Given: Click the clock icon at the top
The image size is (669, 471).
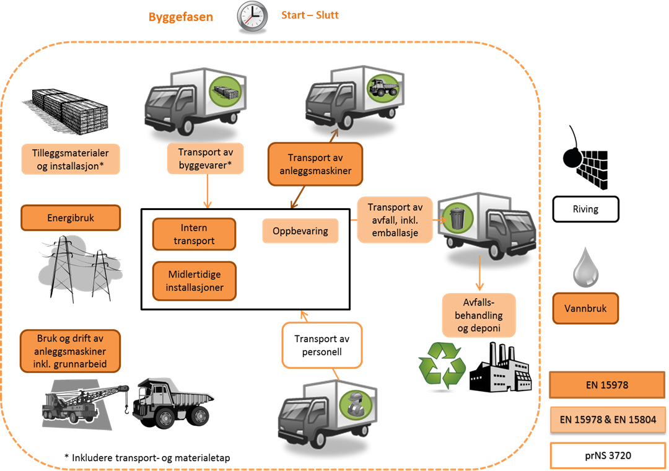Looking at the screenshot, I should click(253, 17).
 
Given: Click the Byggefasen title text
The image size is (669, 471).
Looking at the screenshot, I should click(180, 17).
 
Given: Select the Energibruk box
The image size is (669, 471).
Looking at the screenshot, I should click(71, 218).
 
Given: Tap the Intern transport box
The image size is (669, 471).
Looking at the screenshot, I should click(194, 234).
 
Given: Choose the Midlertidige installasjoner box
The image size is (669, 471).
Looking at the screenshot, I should click(194, 281).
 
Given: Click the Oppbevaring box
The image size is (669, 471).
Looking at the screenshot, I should click(300, 231).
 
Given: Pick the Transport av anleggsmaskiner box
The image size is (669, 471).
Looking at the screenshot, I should click(315, 164).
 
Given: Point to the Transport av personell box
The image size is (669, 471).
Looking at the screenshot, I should click(321, 345).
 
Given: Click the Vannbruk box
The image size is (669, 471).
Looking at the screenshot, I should click(585, 307).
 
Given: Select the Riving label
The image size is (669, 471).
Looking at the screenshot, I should click(585, 209).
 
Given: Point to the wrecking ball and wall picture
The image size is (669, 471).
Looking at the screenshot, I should click(585, 157).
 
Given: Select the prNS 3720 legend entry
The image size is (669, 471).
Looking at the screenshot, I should click(607, 456).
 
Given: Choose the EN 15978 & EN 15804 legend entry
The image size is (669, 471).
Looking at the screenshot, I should click(607, 420).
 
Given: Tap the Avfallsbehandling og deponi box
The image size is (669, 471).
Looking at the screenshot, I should click(479, 315).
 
